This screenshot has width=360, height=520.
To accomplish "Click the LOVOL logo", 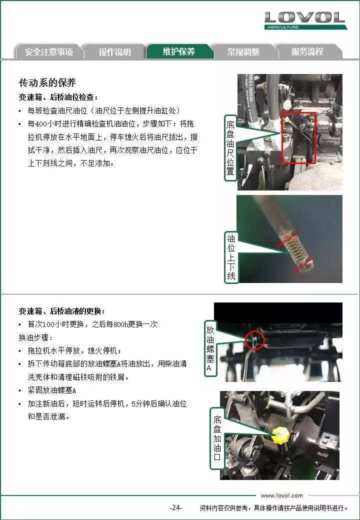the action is point(305,20).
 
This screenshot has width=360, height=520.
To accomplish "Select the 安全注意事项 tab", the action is point(48,51).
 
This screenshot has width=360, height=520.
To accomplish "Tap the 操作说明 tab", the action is point(114,51).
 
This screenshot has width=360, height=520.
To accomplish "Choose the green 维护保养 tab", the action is point(179,51).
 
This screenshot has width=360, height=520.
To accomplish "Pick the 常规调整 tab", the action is point(243,51).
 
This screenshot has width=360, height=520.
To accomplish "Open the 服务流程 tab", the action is point(307,51).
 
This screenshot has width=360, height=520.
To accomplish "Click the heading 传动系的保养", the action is point(47,82).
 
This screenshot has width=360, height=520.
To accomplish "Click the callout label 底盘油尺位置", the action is point(230,147).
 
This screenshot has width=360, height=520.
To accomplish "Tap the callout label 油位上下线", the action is point(231,257).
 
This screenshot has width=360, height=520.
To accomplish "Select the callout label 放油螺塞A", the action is point(210,348).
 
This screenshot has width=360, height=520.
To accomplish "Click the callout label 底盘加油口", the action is point(217,438).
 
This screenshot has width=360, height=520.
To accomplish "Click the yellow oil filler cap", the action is point(280,435).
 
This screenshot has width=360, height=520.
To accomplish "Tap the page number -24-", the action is point(175,507).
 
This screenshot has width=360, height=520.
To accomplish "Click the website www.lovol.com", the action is point(282,495).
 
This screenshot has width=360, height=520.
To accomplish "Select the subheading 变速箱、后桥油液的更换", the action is point(61,311).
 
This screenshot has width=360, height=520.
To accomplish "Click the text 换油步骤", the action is point(35,337).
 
